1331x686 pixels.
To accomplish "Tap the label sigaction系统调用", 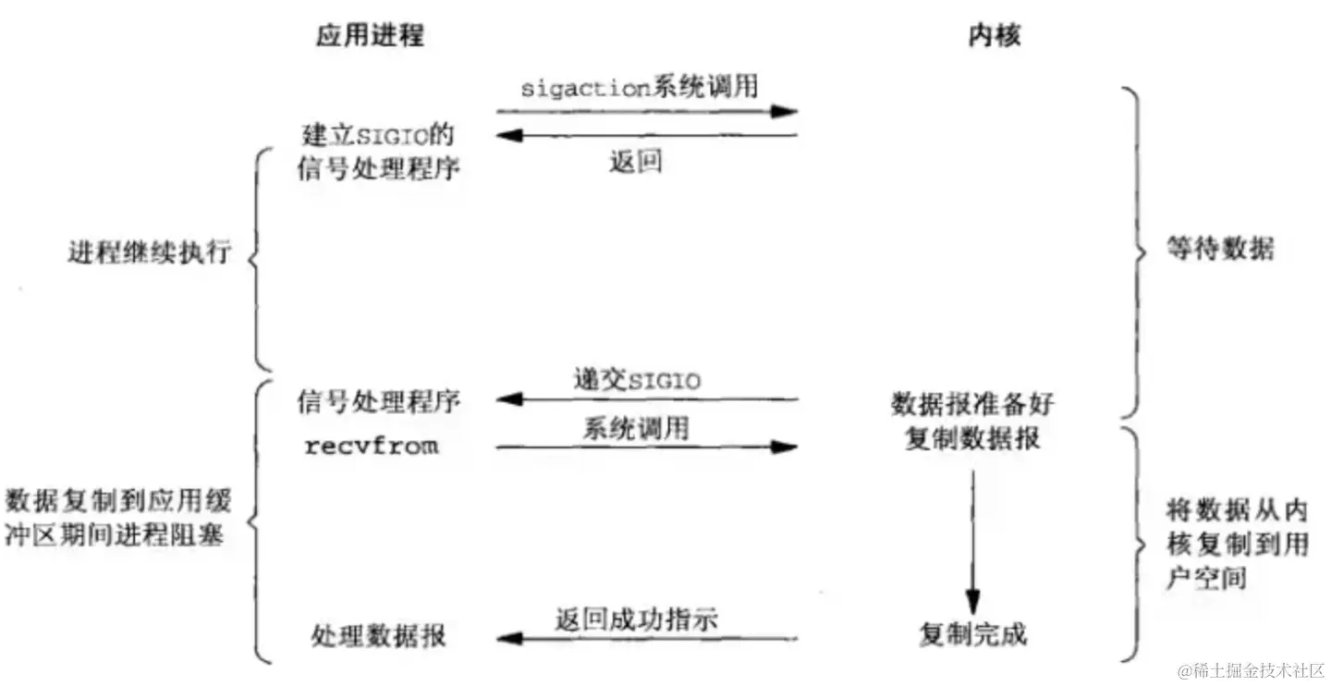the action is (639, 88).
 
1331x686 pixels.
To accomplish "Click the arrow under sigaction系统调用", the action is (647, 112).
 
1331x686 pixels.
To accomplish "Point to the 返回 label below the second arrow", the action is (635, 162).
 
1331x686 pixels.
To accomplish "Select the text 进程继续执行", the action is (148, 252).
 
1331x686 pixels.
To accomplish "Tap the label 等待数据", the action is (1206, 250).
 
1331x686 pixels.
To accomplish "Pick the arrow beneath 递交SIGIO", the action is (647, 399).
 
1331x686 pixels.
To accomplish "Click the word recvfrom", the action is (372, 447).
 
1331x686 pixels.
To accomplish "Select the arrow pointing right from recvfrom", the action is (647, 447).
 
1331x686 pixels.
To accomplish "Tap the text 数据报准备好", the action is (972, 404).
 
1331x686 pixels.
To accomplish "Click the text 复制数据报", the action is (972, 437).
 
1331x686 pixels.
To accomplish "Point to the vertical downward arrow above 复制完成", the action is (972, 536).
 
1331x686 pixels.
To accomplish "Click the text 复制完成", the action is (972, 635).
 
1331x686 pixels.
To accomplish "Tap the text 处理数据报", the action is (378, 636).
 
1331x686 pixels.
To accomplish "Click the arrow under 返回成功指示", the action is (647, 638).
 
